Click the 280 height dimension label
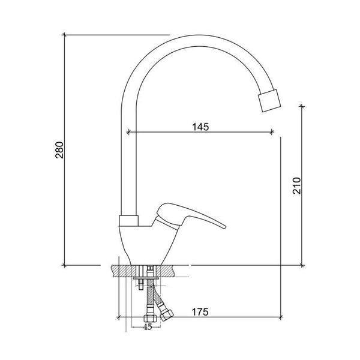[x=59, y=150]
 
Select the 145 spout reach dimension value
[x=200, y=127]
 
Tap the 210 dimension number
[x=296, y=186]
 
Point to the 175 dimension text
[x=200, y=312]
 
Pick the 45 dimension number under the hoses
[x=148, y=327]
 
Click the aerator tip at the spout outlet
[x=269, y=101]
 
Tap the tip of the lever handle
[x=224, y=227]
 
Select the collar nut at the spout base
[x=128, y=221]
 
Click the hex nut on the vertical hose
[x=151, y=319]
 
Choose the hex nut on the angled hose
[x=166, y=315]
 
